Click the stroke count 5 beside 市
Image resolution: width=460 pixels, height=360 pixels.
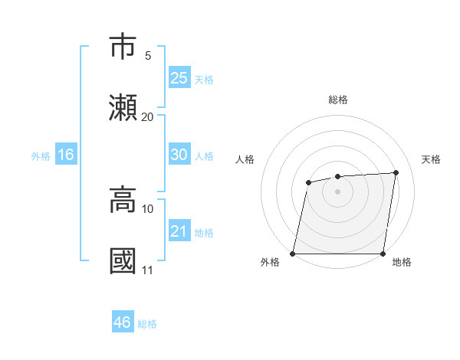(x=147, y=55)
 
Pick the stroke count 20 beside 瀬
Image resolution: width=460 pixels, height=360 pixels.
(x=147, y=116)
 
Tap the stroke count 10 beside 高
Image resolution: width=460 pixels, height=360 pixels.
(x=147, y=208)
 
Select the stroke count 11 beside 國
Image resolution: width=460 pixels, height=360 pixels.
(x=147, y=270)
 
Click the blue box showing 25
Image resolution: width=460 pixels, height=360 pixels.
(x=179, y=78)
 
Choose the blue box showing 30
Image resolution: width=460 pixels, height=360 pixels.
(x=179, y=155)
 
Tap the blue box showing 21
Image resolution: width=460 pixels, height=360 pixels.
(x=179, y=231)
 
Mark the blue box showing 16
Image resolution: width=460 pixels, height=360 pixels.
(x=66, y=155)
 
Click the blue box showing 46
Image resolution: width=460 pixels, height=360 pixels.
(x=123, y=322)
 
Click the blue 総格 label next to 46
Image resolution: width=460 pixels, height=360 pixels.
(x=147, y=324)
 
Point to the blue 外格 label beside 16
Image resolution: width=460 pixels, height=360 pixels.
(x=41, y=156)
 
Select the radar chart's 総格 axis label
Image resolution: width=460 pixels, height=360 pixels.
(x=338, y=100)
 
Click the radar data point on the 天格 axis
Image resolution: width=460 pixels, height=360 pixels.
(x=396, y=172)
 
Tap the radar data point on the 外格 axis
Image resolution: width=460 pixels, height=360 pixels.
(x=293, y=253)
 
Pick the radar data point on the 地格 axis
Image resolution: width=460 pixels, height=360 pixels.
(x=383, y=253)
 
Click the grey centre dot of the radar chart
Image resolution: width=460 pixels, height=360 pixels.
(x=337, y=191)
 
